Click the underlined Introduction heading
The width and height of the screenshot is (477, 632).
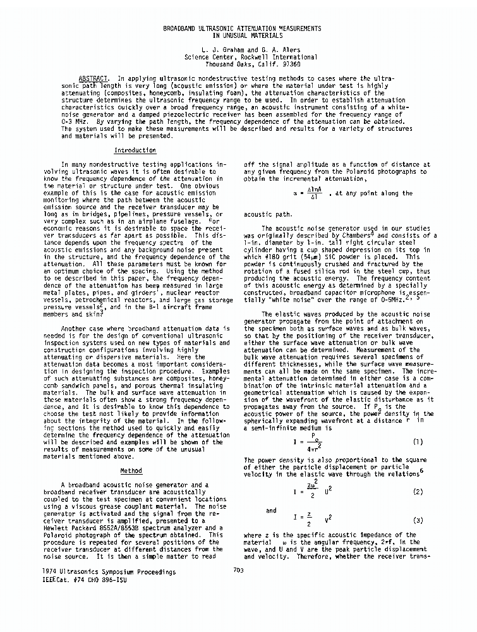point(135,150)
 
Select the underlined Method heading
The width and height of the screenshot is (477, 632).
point(131,470)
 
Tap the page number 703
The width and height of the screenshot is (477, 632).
point(238,571)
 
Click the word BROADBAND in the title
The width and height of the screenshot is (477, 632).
point(183,29)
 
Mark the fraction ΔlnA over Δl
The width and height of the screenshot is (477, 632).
point(311,193)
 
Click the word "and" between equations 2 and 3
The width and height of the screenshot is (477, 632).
point(271,510)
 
